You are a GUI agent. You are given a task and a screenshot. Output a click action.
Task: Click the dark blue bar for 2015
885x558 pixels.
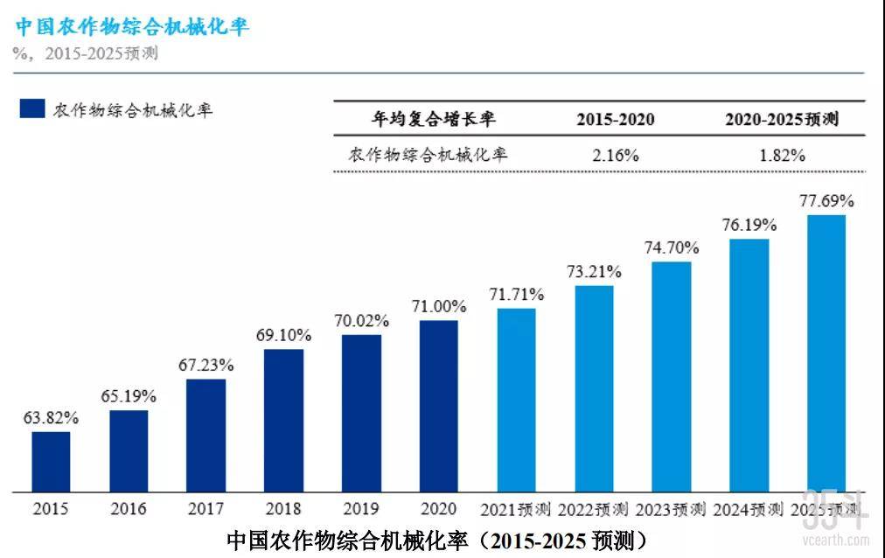point(51,461)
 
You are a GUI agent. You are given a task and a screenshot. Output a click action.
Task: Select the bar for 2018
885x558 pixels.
point(283,420)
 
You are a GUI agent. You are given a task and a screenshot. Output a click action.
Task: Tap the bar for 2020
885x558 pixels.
point(438,406)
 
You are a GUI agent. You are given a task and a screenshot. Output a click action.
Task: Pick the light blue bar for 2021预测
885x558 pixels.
point(516,400)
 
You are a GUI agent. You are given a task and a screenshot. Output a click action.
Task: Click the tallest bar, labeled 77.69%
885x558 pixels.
point(826,353)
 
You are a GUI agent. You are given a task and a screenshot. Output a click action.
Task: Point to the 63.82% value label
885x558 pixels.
point(51,418)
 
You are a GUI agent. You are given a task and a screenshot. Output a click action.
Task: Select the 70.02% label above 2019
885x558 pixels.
point(361,321)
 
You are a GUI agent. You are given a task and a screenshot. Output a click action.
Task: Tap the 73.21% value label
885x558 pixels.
point(594,271)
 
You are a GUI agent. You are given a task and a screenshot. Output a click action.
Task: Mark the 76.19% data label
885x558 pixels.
point(749,225)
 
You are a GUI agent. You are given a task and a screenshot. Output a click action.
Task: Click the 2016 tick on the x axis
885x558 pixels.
point(128,509)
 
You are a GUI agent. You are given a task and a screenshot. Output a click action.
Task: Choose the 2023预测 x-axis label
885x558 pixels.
point(672,509)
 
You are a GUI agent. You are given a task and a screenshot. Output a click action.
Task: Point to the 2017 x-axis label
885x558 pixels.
point(206,509)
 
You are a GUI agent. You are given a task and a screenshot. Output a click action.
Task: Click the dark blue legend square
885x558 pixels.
point(32,108)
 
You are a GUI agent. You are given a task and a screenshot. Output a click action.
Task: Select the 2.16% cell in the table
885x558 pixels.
point(615,156)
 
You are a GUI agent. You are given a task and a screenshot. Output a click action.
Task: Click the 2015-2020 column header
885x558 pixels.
point(615,120)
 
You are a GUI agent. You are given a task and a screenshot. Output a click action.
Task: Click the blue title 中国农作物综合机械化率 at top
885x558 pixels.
point(132,26)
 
